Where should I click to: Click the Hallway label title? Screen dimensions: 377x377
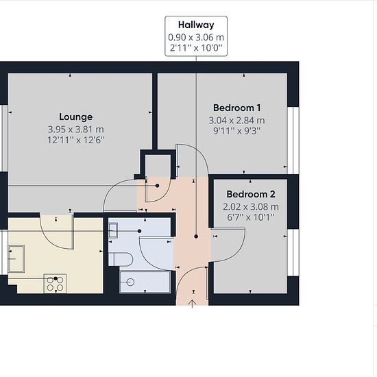tap(196, 25)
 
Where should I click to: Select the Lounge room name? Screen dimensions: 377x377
tap(75, 117)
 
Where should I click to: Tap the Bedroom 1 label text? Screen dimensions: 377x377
tap(237, 108)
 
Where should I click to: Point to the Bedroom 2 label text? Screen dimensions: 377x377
tap(251, 194)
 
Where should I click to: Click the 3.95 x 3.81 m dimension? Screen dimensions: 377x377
tap(75, 130)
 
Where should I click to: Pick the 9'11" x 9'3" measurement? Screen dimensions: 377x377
tap(237, 131)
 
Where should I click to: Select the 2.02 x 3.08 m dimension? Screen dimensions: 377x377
tap(251, 207)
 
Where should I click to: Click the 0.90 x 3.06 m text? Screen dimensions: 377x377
tap(196, 37)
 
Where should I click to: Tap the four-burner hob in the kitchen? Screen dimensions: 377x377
tap(55, 284)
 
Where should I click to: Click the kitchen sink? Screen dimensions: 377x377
tap(16, 258)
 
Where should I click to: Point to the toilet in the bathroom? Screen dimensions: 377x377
tap(121, 259)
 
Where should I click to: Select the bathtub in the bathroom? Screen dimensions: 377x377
tap(145, 282)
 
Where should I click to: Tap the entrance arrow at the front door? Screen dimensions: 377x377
tap(193, 304)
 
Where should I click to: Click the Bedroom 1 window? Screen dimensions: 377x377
tap(293, 141)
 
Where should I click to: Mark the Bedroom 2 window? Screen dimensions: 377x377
tap(293, 252)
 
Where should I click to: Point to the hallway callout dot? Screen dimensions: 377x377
tap(196, 236)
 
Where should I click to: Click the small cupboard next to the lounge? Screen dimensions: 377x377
tap(158, 166)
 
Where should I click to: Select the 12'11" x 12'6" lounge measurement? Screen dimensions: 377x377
tap(75, 140)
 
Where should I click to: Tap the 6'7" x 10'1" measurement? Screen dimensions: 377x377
tap(251, 217)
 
